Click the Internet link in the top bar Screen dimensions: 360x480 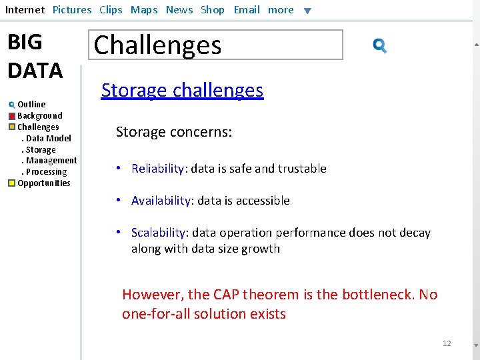[25, 10]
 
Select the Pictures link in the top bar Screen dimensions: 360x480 [72, 10]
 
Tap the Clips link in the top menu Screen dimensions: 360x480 [111, 10]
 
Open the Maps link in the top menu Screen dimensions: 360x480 [144, 10]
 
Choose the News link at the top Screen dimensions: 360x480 [179, 10]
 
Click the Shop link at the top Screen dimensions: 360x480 [213, 10]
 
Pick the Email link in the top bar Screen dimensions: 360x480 [247, 10]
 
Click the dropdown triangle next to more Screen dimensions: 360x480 [307, 11]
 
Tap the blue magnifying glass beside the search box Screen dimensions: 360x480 [380, 45]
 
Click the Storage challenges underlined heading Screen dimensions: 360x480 [182, 90]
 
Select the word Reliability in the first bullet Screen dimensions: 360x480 [158, 169]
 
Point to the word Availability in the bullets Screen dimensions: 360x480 [162, 201]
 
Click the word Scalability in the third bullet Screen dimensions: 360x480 [159, 233]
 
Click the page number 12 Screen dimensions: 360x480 [447, 343]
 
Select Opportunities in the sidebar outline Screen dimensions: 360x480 [43, 183]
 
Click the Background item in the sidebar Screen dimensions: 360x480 [39, 116]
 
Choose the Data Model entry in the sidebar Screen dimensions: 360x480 [48, 139]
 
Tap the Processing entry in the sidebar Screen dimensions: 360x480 [46, 172]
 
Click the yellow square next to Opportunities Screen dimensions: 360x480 [12, 183]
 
